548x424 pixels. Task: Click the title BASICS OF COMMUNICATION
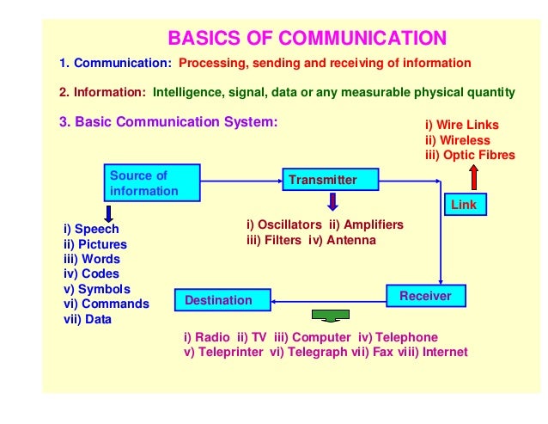tap(307, 38)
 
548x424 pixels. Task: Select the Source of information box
tap(152, 183)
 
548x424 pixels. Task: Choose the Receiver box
tap(425, 297)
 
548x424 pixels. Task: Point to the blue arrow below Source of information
tap(108, 212)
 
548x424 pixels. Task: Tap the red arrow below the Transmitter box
tap(332, 202)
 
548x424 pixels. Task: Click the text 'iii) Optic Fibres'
tap(470, 155)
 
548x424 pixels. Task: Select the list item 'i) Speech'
tap(91, 229)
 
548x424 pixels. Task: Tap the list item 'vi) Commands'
tap(107, 304)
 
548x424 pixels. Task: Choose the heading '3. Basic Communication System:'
tap(168, 121)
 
